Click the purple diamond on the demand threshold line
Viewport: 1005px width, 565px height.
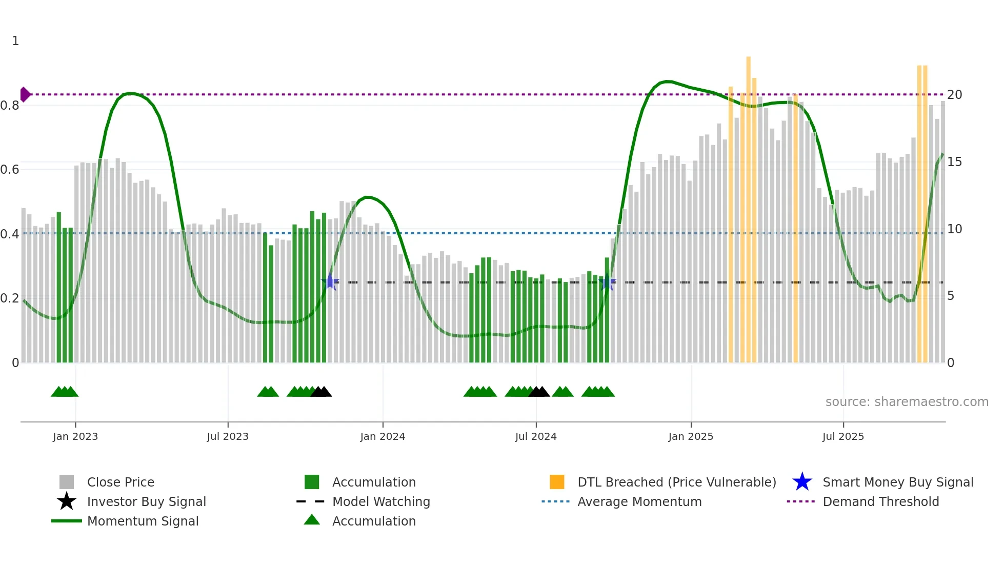[25, 95]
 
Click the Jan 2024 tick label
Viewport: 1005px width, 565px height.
[383, 436]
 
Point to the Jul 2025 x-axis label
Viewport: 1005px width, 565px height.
[843, 436]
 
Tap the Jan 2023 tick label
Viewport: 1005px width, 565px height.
[75, 436]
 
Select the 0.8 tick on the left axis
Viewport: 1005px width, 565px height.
[10, 106]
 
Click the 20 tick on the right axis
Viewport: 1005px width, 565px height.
[954, 95]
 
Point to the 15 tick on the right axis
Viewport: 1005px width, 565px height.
[954, 162]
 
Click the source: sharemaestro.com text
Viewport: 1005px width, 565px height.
[907, 402]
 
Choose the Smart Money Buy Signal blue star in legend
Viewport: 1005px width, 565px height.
[802, 482]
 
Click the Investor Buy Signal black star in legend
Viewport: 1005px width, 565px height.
[67, 501]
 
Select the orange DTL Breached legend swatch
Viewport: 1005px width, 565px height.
[557, 482]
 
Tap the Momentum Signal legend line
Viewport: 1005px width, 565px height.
[67, 521]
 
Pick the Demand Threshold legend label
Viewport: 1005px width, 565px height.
[880, 501]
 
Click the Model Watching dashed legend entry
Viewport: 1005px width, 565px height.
[311, 501]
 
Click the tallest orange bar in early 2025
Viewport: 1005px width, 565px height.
[748, 205]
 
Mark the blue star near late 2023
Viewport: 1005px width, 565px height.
[331, 281]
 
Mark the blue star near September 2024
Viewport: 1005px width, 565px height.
[607, 282]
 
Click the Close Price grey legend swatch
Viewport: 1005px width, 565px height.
[67, 482]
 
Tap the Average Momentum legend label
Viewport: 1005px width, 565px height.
[639, 501]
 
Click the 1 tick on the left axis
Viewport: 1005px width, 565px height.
[15, 41]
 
